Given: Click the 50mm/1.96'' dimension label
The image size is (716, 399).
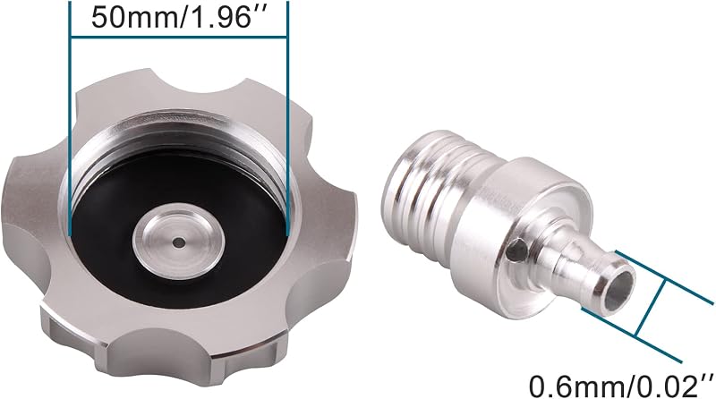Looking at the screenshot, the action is coord(178,17).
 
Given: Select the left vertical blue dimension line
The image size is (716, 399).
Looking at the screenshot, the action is coord(70,118).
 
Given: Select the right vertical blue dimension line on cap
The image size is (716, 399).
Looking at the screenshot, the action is coord(288,118).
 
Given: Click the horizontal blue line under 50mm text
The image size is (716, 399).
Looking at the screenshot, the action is coord(179,36).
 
